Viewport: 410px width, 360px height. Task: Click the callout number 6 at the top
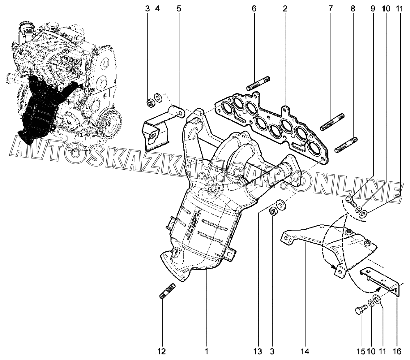pyautogui.click(x=254, y=9)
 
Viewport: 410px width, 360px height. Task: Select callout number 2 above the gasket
pyautogui.click(x=285, y=9)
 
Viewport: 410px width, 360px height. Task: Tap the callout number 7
pyautogui.click(x=331, y=9)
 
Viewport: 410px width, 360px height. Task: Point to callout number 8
pyautogui.click(x=353, y=9)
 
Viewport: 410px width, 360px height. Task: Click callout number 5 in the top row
pyautogui.click(x=179, y=9)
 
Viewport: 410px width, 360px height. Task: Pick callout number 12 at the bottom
pyautogui.click(x=162, y=351)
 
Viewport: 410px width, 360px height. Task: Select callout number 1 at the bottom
pyautogui.click(x=206, y=351)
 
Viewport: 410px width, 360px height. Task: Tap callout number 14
pyautogui.click(x=305, y=351)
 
